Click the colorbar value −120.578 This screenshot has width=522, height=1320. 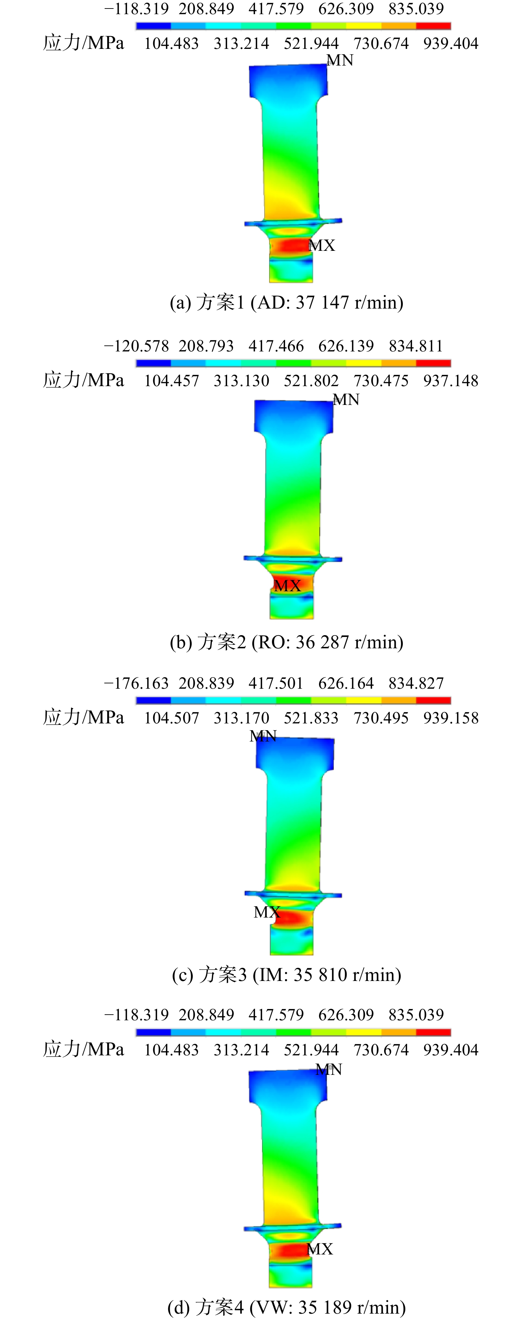coord(136,346)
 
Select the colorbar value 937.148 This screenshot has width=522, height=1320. coord(450,381)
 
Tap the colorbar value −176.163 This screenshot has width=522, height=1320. coord(136,683)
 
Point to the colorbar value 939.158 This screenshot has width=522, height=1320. coord(450,718)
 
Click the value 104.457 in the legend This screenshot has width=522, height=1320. coord(172,381)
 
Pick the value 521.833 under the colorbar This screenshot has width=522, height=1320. coord(311,718)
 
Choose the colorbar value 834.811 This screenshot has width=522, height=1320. coord(416,346)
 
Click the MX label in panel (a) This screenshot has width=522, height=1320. coord(322,246)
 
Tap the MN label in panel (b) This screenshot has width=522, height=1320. coord(346,400)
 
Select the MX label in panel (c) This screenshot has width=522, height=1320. coord(267,912)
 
